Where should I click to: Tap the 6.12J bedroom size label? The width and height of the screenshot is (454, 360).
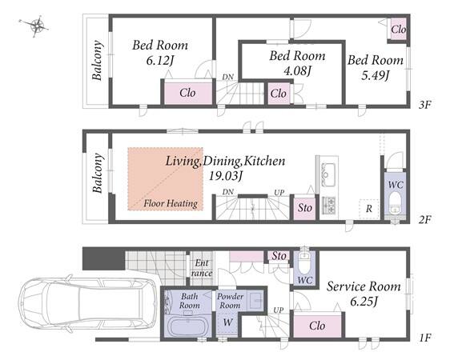(x=160, y=61)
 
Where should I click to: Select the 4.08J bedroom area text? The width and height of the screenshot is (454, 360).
(x=297, y=70)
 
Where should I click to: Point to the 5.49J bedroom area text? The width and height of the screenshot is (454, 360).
(x=376, y=75)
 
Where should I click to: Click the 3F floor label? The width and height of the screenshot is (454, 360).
(x=425, y=105)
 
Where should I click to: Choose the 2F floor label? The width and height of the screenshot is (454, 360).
(x=425, y=220)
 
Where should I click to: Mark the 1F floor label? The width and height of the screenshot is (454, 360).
(x=425, y=338)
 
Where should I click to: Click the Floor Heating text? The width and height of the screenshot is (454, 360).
(x=171, y=203)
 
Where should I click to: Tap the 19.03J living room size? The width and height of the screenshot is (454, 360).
(x=225, y=176)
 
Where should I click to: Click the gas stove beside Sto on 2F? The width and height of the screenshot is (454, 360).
(x=328, y=206)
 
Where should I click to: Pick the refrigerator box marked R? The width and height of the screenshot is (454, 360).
(x=368, y=209)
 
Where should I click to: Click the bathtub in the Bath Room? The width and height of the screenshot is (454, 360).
(x=187, y=326)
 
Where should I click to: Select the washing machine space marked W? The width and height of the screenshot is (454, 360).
(x=228, y=322)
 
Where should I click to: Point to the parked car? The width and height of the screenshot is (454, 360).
(x=86, y=306)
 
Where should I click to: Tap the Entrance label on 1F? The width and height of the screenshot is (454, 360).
(x=202, y=268)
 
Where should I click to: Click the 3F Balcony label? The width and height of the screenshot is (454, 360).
(x=97, y=60)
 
